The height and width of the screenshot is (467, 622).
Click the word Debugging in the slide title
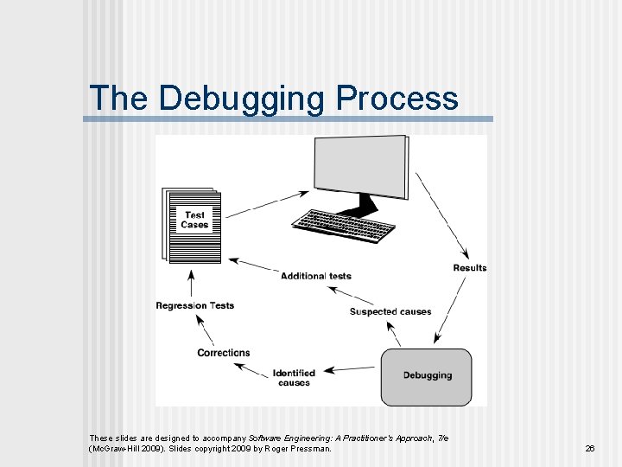tap(243, 99)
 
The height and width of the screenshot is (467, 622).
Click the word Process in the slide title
tap(397, 98)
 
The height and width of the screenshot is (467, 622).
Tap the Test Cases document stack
tap(192, 223)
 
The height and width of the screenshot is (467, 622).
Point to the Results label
tap(469, 268)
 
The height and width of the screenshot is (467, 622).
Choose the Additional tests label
tap(316, 276)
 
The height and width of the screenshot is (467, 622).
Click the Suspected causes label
tap(390, 311)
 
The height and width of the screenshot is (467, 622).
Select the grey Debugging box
tap(427, 376)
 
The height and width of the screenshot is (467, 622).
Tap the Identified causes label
tap(294, 378)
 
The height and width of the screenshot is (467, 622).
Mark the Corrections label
tap(223, 353)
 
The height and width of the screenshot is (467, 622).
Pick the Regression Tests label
tap(194, 305)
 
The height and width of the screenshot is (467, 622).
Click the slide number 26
tap(590, 448)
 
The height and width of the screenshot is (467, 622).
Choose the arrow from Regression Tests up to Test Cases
tap(191, 283)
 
